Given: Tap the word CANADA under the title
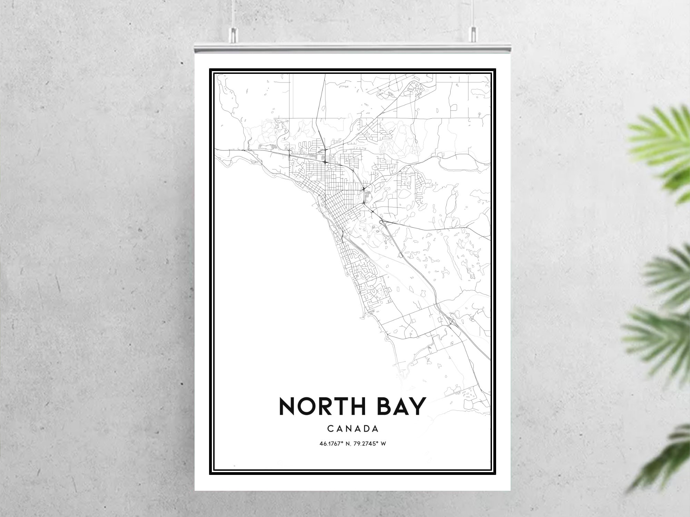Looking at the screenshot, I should pos(353,429).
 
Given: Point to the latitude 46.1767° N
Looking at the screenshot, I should pos(334,444).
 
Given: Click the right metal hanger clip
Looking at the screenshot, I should pos(473,34).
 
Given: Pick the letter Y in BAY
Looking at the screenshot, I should pos(417,406).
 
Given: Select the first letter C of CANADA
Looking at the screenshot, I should pos(330,429).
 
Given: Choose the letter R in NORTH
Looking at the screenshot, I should pos(327,406).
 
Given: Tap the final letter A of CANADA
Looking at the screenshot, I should pos(376,429).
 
